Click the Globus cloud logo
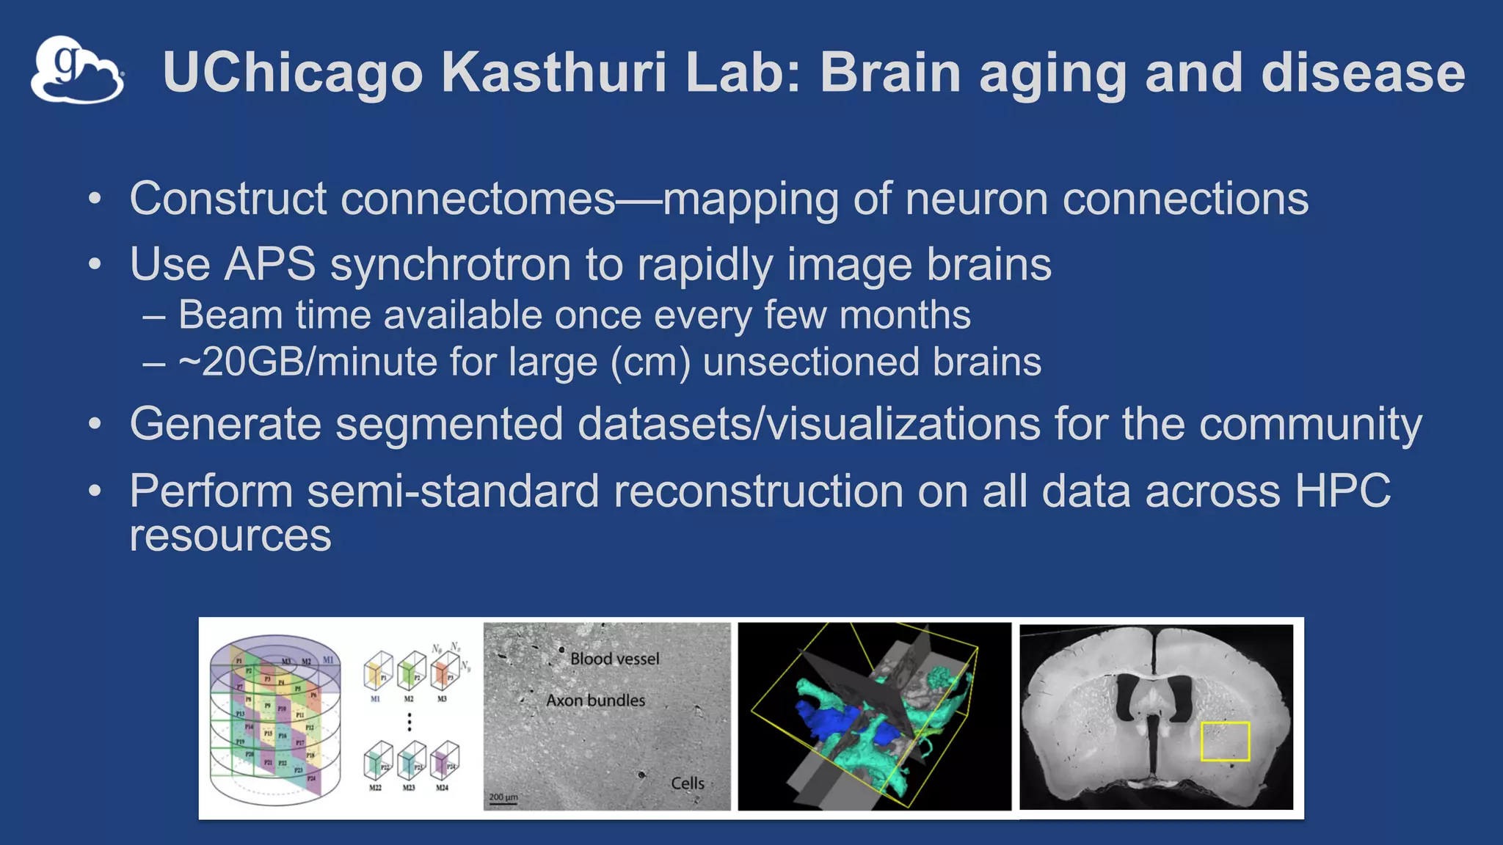[77, 70]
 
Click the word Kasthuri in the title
[554, 73]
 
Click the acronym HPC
[1342, 491]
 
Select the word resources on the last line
[230, 535]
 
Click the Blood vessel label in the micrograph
[614, 659]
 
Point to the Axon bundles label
[595, 700]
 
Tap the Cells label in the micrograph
[687, 783]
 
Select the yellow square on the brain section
[1225, 741]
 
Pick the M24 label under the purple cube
[442, 788]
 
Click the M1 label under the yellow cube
[375, 699]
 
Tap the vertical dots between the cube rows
[410, 722]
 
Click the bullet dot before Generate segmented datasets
[94, 424]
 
